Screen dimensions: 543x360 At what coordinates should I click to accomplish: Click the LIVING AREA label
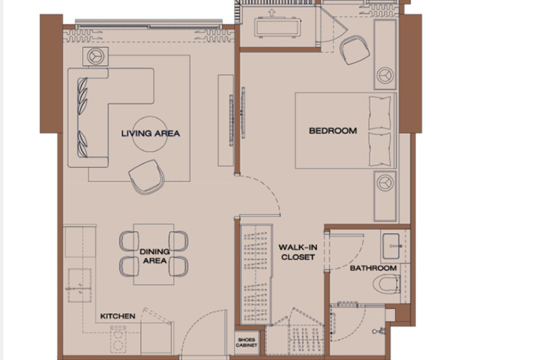coord(150,133)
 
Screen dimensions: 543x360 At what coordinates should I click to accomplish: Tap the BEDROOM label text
coord(333,131)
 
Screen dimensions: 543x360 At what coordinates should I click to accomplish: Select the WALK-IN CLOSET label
coord(298,252)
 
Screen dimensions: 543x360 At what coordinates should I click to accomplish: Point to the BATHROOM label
coord(373,268)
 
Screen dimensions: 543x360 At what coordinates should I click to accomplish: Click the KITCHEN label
coord(117,316)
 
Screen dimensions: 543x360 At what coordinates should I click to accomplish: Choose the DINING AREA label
coord(155,256)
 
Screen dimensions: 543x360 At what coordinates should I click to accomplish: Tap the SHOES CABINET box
coord(246,342)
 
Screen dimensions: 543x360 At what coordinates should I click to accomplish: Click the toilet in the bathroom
coord(387,284)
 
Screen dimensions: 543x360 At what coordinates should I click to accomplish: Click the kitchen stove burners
coord(118,339)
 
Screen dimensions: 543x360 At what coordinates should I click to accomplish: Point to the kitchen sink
coord(79,285)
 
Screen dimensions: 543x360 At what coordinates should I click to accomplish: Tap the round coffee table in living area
coord(150,134)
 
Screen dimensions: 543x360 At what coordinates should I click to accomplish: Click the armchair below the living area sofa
coord(147,176)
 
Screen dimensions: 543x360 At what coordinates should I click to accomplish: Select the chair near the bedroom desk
coord(354,50)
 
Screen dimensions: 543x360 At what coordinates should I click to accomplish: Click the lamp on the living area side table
coord(96,56)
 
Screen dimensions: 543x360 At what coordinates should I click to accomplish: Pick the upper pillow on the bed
coord(380,113)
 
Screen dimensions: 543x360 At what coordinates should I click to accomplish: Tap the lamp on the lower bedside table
coord(385,182)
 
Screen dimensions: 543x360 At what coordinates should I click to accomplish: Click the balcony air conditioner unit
coord(277,27)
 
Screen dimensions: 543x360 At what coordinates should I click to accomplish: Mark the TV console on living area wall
coord(225,120)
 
